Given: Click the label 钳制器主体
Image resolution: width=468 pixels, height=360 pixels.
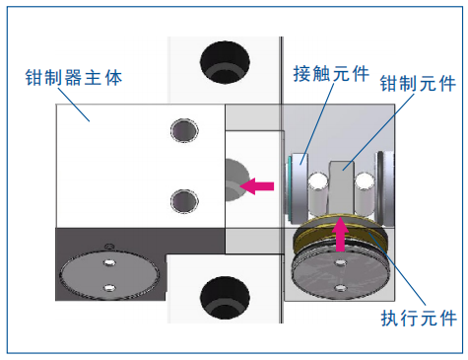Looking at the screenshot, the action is (x=74, y=78).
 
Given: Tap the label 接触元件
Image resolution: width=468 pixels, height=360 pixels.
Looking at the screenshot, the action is (x=331, y=73).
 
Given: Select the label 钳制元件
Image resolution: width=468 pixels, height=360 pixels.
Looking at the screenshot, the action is (x=418, y=83).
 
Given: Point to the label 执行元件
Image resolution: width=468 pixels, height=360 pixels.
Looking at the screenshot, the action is (x=419, y=318).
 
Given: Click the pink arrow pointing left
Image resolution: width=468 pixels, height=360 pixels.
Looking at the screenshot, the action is (x=257, y=186).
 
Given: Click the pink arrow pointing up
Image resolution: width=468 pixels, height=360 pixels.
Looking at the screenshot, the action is (x=340, y=235).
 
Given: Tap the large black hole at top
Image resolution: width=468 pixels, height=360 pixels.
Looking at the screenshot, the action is (x=225, y=62).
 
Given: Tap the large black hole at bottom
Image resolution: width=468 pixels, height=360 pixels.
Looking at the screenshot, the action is (x=225, y=298).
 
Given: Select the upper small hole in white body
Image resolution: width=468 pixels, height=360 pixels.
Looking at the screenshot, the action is (x=184, y=130).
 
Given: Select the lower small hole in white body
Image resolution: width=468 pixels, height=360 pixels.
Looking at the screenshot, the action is (x=184, y=201).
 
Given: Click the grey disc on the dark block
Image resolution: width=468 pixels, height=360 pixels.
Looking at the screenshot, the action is (x=109, y=275).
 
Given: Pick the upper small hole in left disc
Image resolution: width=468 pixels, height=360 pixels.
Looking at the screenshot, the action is (x=109, y=262).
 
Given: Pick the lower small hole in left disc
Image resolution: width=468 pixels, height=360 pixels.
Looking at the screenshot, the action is (x=109, y=288).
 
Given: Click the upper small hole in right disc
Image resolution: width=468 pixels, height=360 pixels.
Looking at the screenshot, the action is (x=341, y=262).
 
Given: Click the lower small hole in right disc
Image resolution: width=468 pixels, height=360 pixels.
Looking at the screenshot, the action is (x=341, y=288).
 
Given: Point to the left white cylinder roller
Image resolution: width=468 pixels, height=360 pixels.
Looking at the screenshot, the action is (x=318, y=194).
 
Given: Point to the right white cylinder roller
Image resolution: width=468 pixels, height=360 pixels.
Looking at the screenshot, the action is (x=365, y=194).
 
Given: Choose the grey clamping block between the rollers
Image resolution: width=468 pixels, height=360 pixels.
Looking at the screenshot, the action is (x=342, y=188).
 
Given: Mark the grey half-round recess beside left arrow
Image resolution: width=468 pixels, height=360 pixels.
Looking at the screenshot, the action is (x=237, y=180).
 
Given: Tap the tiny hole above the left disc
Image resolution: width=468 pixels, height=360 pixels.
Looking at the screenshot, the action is (x=109, y=246).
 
